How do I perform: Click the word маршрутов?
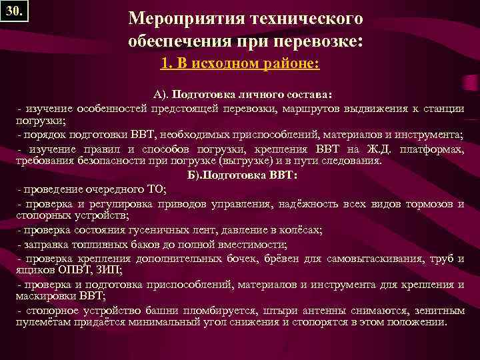[313, 108]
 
